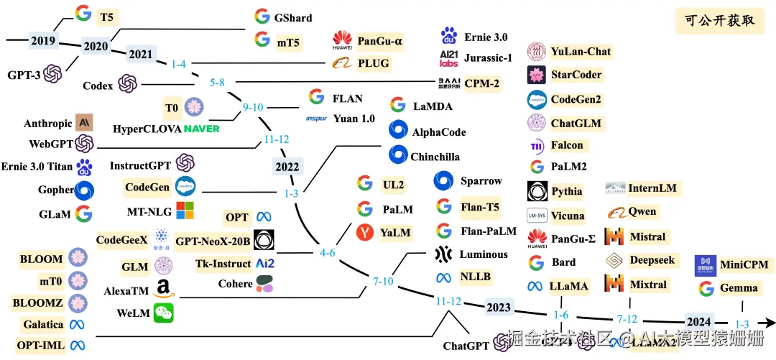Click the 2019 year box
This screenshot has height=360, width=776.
click(x=43, y=41)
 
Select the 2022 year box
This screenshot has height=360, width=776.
click(x=287, y=167)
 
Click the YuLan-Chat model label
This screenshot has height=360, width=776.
click(x=581, y=52)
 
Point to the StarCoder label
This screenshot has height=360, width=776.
click(x=576, y=75)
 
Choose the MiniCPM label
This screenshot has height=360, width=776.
click(x=744, y=264)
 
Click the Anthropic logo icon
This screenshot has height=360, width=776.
click(x=85, y=123)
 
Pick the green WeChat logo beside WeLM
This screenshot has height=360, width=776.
click(x=164, y=313)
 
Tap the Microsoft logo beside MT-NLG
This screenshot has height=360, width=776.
click(x=185, y=211)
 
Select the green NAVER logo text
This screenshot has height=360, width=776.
click(x=201, y=129)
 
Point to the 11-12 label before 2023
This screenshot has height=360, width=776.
click(x=448, y=301)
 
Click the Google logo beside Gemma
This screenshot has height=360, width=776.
click(x=706, y=289)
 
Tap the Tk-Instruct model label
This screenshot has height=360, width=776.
click(x=223, y=264)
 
